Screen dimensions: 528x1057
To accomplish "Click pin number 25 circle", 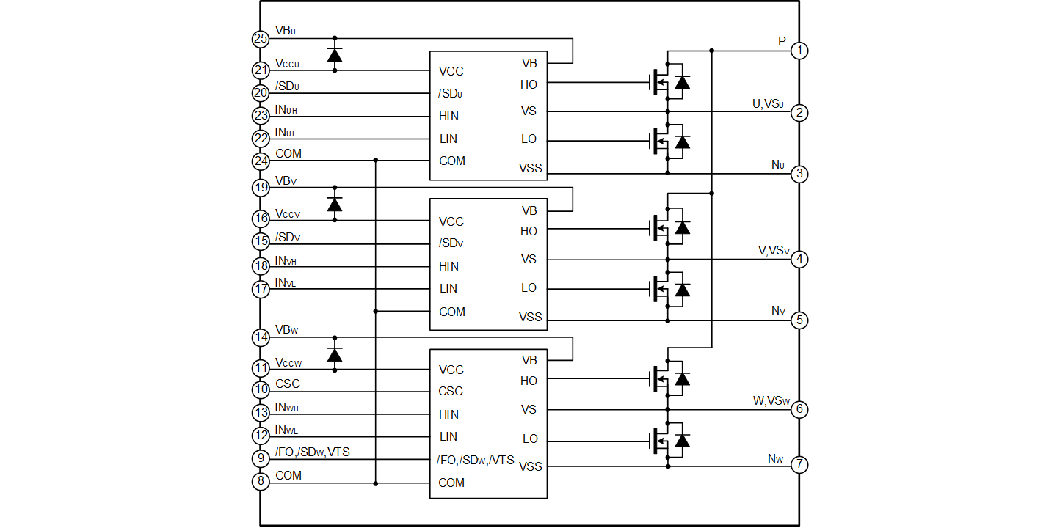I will tap(261, 39).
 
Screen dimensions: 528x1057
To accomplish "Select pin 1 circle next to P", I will tap(799, 51).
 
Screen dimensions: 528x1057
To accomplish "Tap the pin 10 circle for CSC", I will tap(261, 390).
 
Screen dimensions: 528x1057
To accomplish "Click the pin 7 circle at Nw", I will tap(799, 465).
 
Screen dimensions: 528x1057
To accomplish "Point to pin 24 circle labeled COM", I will tap(261, 161).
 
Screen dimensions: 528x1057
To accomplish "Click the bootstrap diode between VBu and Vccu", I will tap(335, 55).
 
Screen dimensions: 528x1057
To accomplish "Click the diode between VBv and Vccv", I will tap(335, 205).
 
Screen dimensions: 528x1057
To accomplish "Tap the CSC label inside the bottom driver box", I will tap(451, 392).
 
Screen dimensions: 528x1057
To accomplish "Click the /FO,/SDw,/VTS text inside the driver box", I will tap(475, 460).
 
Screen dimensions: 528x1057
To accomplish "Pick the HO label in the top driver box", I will tap(528, 85).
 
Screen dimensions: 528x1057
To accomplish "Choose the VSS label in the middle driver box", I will tap(530, 317).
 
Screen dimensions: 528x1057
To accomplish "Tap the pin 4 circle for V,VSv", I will tap(799, 260).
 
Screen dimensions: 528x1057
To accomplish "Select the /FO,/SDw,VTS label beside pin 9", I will tap(313, 452).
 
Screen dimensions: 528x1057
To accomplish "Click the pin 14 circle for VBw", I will tap(261, 338).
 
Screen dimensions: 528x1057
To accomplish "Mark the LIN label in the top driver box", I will tap(448, 139).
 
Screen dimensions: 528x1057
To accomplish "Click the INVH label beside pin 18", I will tap(286, 260).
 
